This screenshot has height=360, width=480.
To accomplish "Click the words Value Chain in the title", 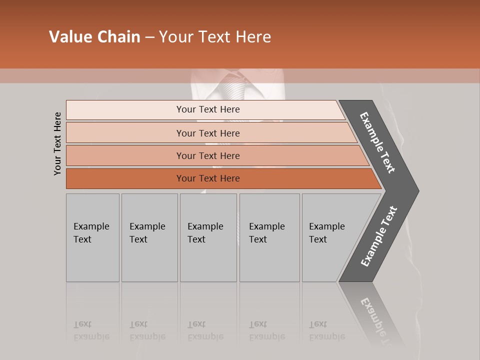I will [94, 37].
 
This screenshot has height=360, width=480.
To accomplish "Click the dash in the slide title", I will [149, 37].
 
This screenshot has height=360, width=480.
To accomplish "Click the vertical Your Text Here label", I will [58, 143].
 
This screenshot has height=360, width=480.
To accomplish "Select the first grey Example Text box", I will [92, 237].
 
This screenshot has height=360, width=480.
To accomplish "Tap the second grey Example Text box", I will [149, 237].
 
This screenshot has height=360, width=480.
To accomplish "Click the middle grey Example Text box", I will [208, 237].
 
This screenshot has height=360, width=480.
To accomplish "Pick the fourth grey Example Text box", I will [269, 237].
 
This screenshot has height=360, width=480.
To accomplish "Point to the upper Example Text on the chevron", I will [377, 142].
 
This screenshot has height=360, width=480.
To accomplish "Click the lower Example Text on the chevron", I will [379, 236].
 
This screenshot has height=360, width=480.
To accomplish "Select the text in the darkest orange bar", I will [208, 178].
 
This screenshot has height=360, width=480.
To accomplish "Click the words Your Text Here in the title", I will [215, 37].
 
